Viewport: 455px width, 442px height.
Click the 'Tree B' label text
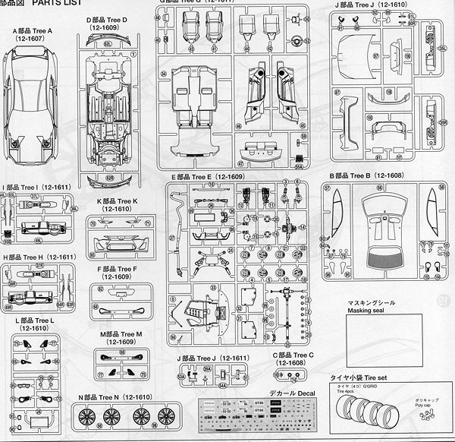359,175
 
